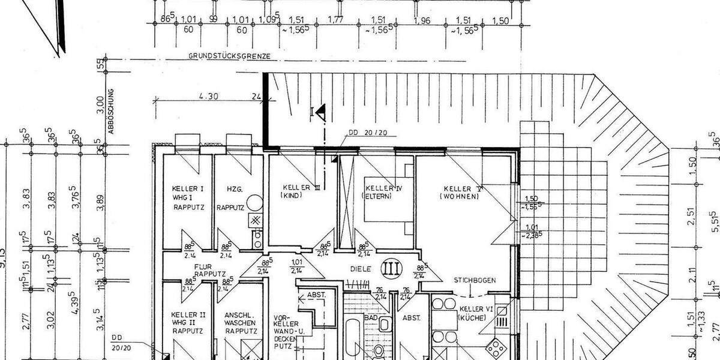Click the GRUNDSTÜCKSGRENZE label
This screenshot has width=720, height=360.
coord(230,56)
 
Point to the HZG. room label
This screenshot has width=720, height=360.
coord(235,189)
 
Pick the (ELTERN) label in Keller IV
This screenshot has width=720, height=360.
coord(377,196)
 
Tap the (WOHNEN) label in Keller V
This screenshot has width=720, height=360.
coord(459,196)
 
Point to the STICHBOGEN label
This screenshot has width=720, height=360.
coord(473,279)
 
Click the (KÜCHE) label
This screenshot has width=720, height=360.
coord(470,319)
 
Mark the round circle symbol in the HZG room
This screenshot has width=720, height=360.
coord(255,202)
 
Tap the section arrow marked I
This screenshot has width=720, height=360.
coord(319,110)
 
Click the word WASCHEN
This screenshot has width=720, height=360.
coord(241,322)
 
